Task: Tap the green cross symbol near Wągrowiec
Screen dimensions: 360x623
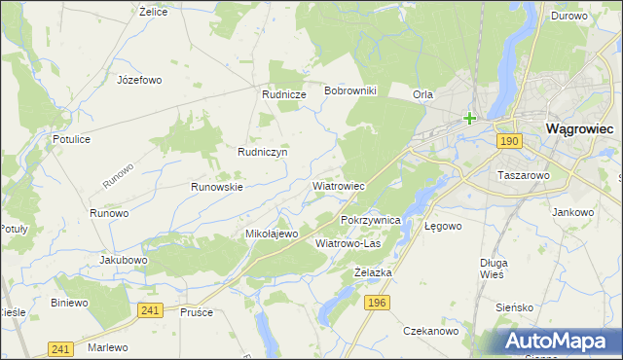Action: (x=469, y=119)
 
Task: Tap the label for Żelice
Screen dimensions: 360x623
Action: (x=155, y=12)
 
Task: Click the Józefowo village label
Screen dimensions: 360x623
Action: (x=138, y=80)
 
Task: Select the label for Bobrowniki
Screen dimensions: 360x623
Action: (x=356, y=90)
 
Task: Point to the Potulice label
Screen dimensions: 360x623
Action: (x=72, y=139)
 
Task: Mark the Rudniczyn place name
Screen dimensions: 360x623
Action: (x=262, y=152)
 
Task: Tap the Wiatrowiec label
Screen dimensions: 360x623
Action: (x=338, y=185)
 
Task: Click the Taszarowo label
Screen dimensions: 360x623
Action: (x=525, y=176)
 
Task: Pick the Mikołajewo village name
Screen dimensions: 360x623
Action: (x=271, y=234)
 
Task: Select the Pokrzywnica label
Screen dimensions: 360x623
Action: (x=372, y=221)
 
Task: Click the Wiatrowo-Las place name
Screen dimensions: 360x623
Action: (x=348, y=243)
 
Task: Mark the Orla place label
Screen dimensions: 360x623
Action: (x=422, y=94)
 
